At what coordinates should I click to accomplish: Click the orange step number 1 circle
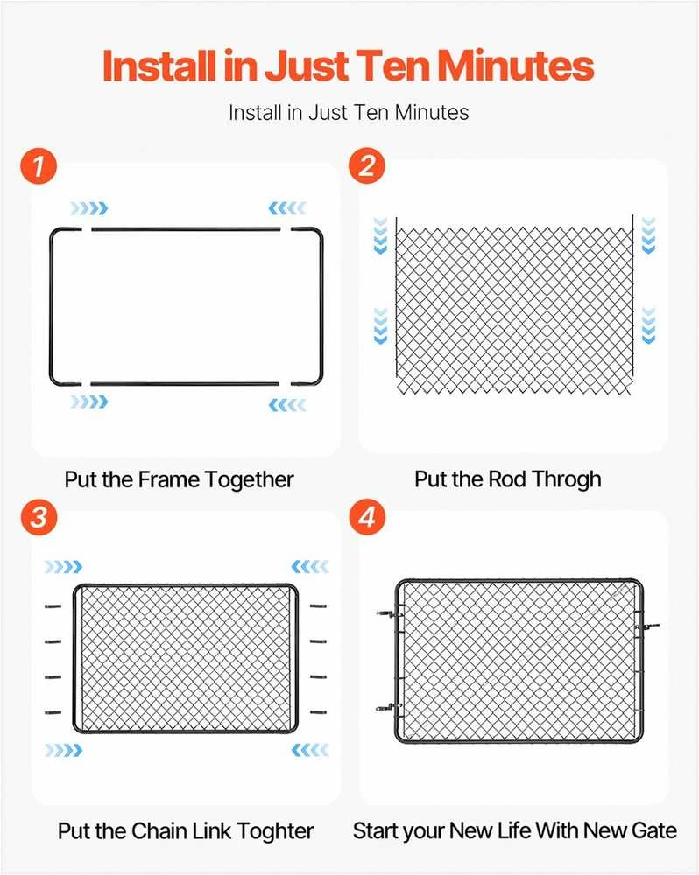coord(39,165)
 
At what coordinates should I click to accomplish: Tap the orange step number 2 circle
coord(367,165)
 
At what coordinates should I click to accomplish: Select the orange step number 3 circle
coord(39,517)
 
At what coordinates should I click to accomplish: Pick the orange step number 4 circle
coord(367,517)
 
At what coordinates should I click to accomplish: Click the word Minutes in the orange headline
coord(515,66)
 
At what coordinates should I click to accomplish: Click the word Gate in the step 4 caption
coord(654,831)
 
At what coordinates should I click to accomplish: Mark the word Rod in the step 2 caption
coord(507,479)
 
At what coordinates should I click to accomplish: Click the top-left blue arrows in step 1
coord(88,209)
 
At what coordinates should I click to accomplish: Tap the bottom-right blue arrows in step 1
coord(288,405)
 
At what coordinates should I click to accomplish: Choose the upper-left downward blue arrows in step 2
coord(380,236)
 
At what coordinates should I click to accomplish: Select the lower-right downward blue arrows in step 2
coord(649,325)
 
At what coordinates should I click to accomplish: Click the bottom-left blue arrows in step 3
coord(64,750)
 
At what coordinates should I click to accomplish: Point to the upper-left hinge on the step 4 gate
coord(390,614)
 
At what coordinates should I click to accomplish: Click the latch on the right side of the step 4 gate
coord(647,627)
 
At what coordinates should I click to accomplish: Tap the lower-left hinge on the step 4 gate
coord(389,708)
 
